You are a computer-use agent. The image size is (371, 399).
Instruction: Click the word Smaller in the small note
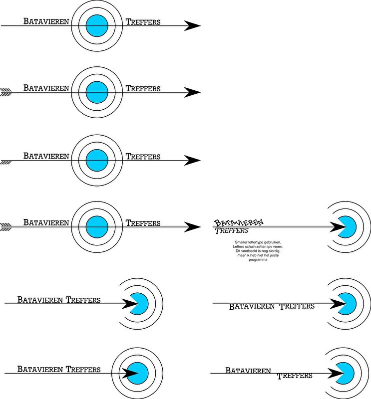[x=241, y=242]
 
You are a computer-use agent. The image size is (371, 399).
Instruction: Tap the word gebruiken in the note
[x=272, y=242]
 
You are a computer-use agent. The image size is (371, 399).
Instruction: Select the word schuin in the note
[x=247, y=246]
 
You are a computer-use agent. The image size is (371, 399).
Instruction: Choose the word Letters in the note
[x=232, y=246]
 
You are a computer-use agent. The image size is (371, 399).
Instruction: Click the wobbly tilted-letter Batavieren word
[x=239, y=223]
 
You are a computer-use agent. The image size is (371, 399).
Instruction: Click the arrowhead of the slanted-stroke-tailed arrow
[x=192, y=161]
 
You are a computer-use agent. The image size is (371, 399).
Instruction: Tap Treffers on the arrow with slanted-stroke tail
[x=143, y=157]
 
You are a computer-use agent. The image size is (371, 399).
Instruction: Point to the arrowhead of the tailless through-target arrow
[x=192, y=25]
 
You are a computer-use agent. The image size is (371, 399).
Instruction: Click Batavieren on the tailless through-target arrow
[x=46, y=21]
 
